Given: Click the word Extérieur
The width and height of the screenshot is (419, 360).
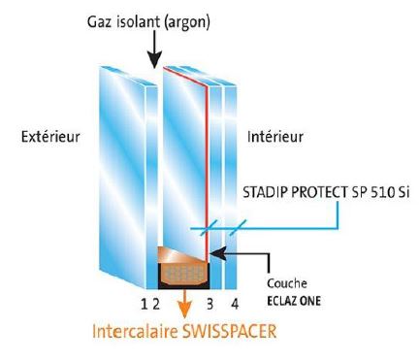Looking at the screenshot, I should click(50, 136).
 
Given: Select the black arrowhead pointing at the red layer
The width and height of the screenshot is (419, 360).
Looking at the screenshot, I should click(217, 253).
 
